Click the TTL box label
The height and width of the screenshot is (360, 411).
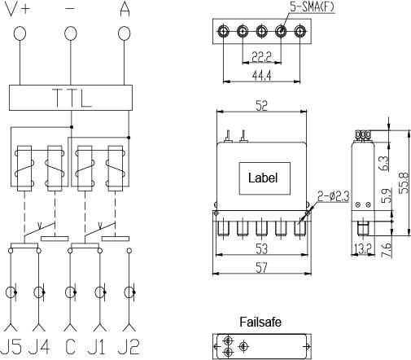pos(72,98)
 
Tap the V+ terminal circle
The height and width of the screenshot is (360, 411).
pos(20,33)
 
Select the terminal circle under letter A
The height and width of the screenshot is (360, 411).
pos(124,33)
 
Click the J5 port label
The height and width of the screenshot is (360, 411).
pos(11,347)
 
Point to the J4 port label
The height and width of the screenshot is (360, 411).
pos(39,347)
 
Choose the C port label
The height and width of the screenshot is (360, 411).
pos(71,347)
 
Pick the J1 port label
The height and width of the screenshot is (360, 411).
pos(97,347)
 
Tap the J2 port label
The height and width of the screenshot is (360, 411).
pos(129,347)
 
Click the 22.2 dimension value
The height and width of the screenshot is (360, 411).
pos(261,57)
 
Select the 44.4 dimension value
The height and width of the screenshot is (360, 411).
pos(261,76)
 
